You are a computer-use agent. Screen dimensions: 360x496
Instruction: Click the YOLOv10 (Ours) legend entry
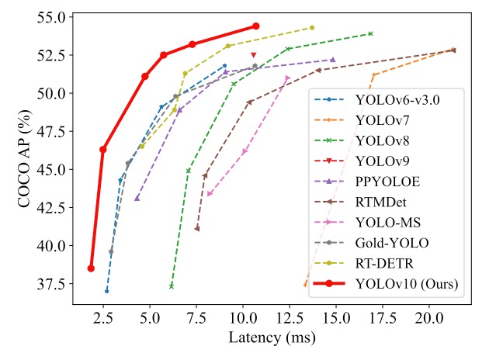404,284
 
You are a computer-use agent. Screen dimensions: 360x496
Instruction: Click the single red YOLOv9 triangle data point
254,55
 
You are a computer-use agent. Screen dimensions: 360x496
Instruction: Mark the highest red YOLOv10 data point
256,26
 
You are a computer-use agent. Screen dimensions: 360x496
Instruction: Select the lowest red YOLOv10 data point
91,268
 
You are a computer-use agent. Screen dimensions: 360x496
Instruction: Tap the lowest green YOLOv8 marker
172,286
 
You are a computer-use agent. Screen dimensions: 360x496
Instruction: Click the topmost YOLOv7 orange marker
453,49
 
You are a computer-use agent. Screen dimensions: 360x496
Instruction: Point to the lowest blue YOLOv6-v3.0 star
106,291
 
